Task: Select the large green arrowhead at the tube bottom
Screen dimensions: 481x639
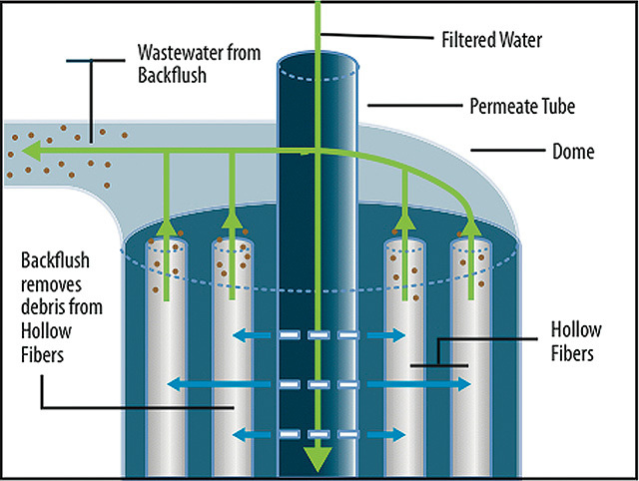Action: coord(317,460)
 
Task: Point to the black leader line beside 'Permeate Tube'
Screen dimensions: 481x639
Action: coord(403,105)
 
